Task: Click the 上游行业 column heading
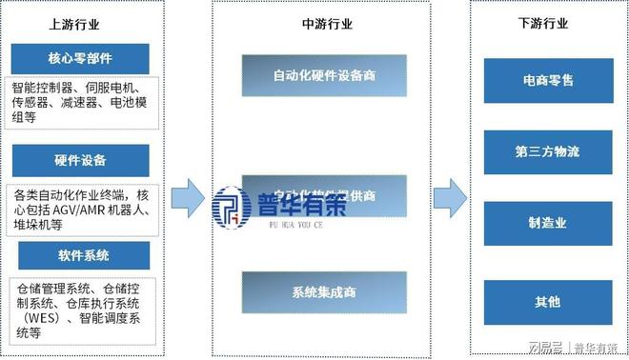pos(81,23)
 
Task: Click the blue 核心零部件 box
pos(80,56)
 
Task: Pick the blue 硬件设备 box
pos(80,159)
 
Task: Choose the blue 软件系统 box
pos(80,255)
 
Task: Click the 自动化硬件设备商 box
pos(324,75)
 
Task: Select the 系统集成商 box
pos(324,292)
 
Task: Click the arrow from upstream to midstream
pos(188,196)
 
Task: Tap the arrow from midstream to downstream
pos(449,196)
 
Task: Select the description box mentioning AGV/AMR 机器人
pos(80,208)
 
